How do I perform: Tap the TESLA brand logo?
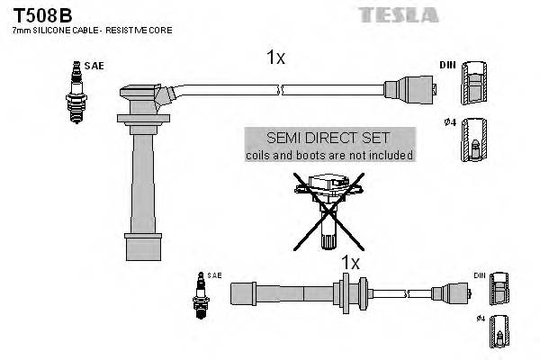coord(399,14)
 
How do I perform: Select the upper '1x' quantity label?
coord(275,58)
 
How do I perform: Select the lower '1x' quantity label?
coord(349,263)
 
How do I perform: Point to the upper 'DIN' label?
coord(447,66)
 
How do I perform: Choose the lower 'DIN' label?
coord(479,274)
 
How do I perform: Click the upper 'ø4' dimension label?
coord(448,122)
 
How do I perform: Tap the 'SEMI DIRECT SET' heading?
coord(329,138)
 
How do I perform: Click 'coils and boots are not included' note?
coord(329,155)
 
